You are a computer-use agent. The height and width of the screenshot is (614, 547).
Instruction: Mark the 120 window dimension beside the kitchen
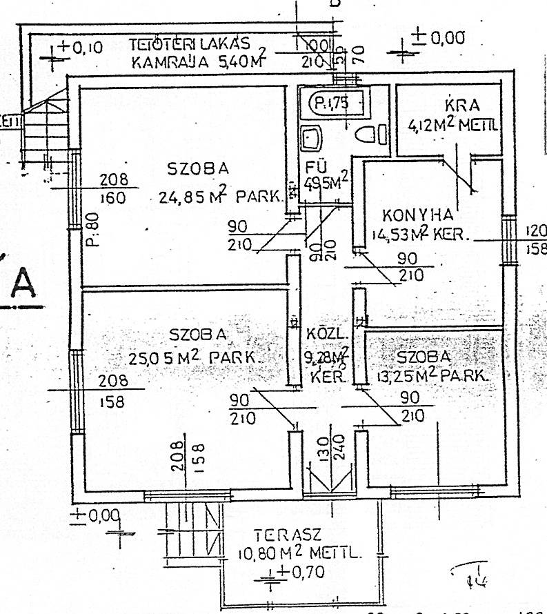(x=536, y=230)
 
